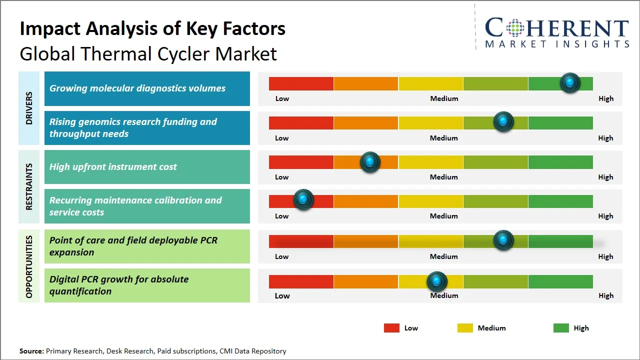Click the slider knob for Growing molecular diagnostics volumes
click(570, 82)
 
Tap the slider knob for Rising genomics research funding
click(503, 121)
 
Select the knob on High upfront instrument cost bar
click(370, 161)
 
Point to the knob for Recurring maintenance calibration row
click(303, 199)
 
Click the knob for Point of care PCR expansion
click(503, 240)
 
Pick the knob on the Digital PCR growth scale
click(437, 281)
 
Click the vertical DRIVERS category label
click(29, 108)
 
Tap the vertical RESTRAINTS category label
click(29, 186)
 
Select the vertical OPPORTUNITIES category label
click(29, 266)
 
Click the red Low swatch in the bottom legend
click(391, 328)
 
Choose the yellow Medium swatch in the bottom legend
click(465, 328)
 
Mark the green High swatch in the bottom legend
click(561, 328)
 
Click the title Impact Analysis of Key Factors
click(152, 29)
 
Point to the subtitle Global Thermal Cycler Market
click(148, 53)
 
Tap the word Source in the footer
click(31, 351)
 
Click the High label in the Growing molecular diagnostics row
click(605, 98)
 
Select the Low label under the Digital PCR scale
click(282, 295)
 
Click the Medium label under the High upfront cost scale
click(443, 177)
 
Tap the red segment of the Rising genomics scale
click(301, 123)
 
